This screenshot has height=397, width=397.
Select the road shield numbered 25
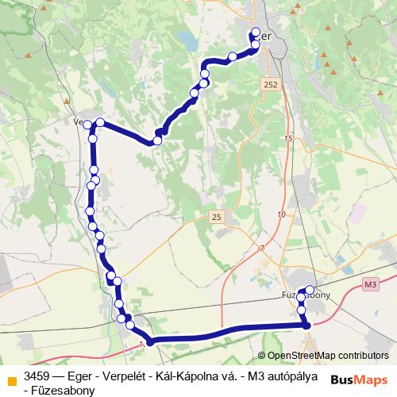click(217, 216)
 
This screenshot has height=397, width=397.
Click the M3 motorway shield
click(370, 283)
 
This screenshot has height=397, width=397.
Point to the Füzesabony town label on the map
click(306, 295)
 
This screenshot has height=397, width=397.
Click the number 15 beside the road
click(287, 139)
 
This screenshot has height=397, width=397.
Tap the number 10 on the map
click(281, 215)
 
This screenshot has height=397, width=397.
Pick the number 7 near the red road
click(262, 249)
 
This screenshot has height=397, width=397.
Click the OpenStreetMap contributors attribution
click(327, 356)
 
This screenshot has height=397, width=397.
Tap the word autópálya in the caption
click(290, 376)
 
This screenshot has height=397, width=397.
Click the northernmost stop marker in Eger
click(256, 33)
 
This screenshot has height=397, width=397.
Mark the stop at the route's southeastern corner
click(306, 324)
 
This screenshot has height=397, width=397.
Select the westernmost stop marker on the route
click(87, 125)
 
